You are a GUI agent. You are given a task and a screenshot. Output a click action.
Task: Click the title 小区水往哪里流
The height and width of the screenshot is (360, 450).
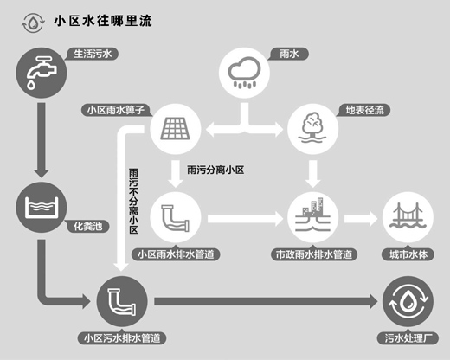103,21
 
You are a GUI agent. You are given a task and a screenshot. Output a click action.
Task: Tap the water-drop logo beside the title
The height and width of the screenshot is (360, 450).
33,22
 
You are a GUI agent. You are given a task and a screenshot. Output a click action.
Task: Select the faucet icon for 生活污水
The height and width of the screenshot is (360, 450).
42,73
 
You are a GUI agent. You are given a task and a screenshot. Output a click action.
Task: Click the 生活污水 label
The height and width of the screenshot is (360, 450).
93,54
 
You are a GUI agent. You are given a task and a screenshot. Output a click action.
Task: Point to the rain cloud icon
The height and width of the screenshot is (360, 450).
244,73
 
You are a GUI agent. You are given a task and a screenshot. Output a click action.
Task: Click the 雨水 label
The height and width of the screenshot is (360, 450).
289,54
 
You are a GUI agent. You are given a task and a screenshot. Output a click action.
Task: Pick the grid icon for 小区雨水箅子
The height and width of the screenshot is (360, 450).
176,129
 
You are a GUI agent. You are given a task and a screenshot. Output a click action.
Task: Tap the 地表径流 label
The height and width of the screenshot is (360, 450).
364,110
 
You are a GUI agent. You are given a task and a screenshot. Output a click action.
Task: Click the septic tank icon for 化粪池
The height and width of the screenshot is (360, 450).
42,208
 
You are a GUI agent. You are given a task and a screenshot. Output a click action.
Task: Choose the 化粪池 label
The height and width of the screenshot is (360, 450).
88,227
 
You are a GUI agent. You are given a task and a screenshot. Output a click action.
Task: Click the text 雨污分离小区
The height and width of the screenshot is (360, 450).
215,170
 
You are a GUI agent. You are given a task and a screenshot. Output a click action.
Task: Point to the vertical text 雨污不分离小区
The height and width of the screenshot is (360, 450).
133,202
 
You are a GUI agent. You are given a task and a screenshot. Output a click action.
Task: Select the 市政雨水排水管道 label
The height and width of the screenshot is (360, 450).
314,254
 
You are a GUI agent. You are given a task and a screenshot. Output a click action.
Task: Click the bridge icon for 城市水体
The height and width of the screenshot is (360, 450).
408,217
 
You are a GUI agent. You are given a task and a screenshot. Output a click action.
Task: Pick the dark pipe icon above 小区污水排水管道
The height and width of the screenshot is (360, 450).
122,301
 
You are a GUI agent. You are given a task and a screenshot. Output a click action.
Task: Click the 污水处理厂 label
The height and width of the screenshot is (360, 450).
408,338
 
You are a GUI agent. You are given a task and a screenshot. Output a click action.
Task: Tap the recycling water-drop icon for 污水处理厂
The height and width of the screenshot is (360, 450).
408,301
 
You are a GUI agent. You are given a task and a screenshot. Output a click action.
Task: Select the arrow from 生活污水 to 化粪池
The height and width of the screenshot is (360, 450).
42,140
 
